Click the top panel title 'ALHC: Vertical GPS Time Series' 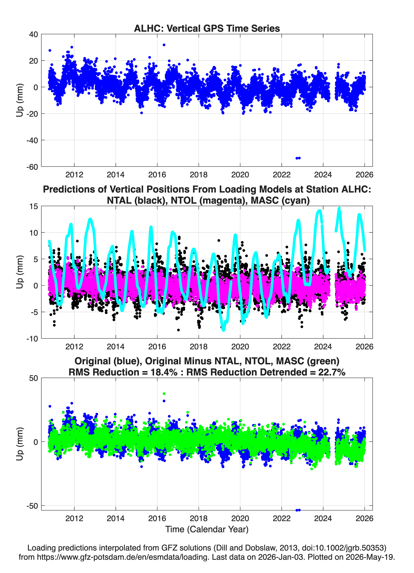[207, 28]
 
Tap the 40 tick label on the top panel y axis [33, 34]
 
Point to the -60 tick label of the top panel [32, 167]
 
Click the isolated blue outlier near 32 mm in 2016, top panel [164, 45]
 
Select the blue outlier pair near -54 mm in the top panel [298, 158]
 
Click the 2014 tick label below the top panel [116, 175]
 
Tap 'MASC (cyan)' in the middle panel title [280, 200]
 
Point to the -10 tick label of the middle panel [32, 339]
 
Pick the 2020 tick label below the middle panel [240, 347]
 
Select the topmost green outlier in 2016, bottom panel [164, 394]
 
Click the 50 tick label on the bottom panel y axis [34, 378]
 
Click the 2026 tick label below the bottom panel [364, 518]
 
